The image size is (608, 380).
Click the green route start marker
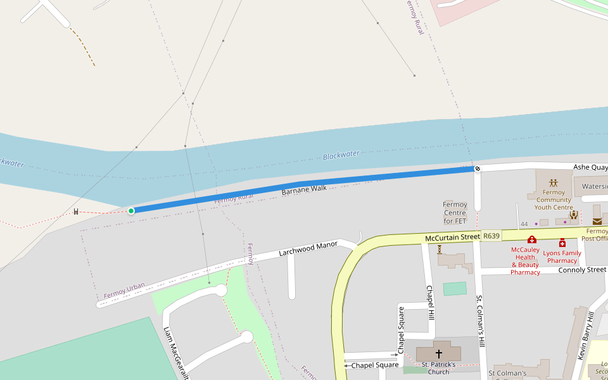pyautogui.click(x=131, y=210)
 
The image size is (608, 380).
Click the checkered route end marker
pyautogui.click(x=477, y=168)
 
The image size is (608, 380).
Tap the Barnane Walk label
pyautogui.click(x=304, y=189)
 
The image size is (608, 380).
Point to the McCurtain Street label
pyautogui.click(x=452, y=237)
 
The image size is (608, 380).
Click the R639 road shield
pyautogui.click(x=491, y=236)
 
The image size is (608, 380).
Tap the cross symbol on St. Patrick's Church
pyautogui.click(x=438, y=354)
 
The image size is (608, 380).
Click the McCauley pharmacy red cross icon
pyautogui.click(x=532, y=239)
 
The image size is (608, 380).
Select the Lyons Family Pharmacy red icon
pyautogui.click(x=562, y=243)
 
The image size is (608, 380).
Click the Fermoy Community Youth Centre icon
pyautogui.click(x=554, y=182)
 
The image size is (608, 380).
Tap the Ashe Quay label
pyautogui.click(x=589, y=167)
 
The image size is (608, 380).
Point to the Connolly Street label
pyautogui.click(x=582, y=270)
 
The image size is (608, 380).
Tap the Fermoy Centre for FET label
pyautogui.click(x=455, y=213)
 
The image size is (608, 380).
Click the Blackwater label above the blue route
pyautogui.click(x=341, y=155)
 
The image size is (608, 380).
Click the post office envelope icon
pyautogui.click(x=597, y=221)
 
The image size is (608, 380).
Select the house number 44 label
pyautogui.click(x=524, y=224)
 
